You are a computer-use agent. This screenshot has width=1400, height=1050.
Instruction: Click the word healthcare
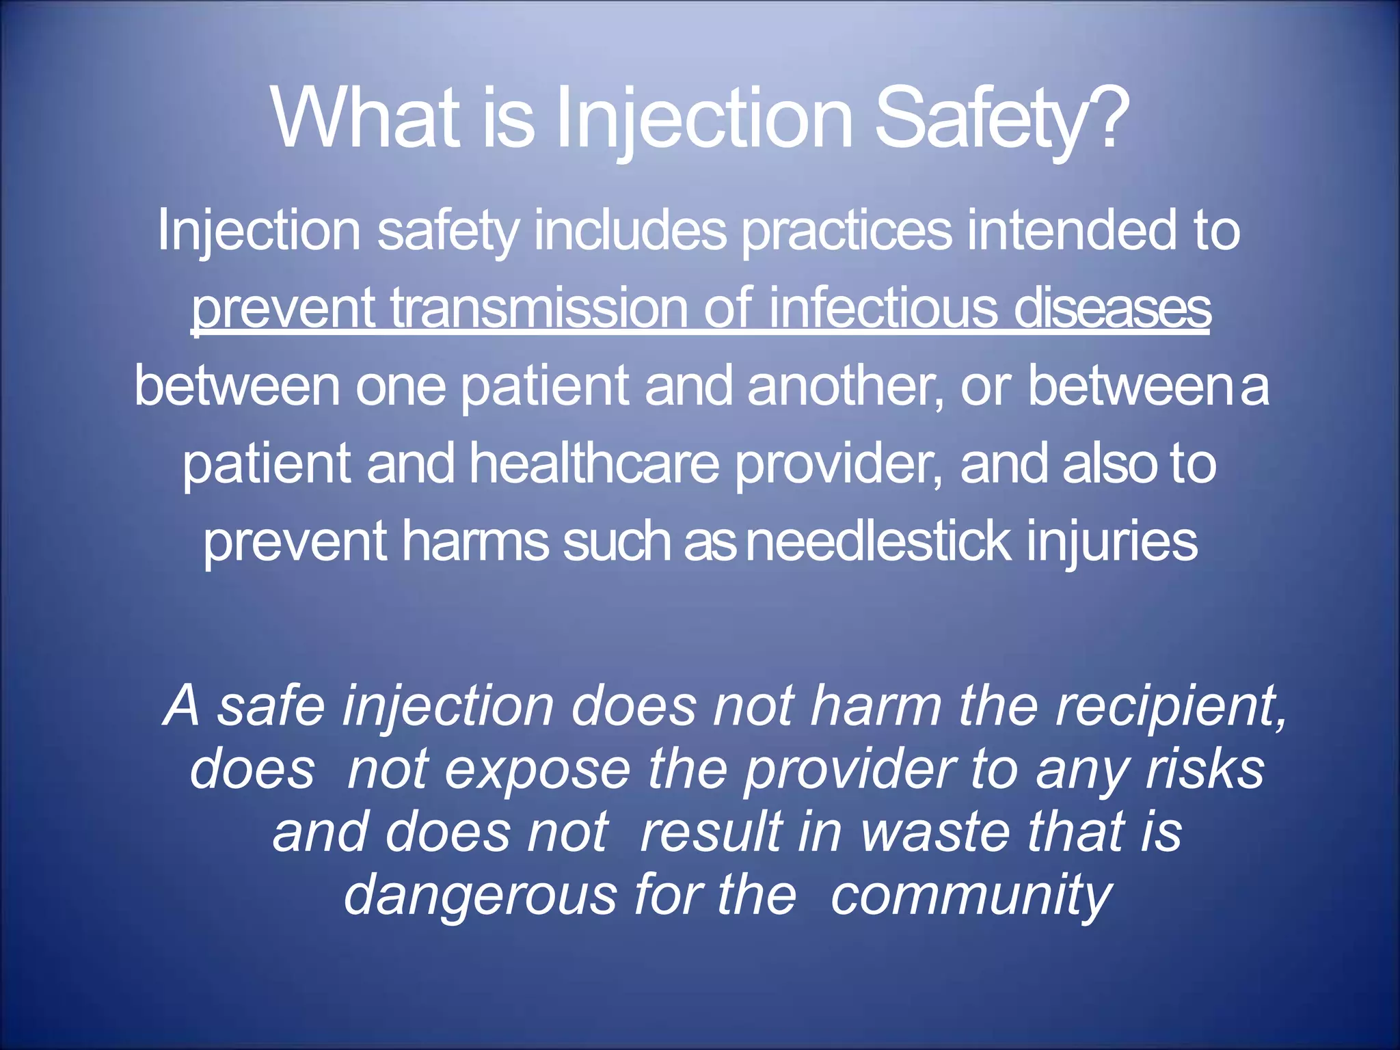[594, 463]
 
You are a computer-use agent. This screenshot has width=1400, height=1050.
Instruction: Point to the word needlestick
[878, 541]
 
